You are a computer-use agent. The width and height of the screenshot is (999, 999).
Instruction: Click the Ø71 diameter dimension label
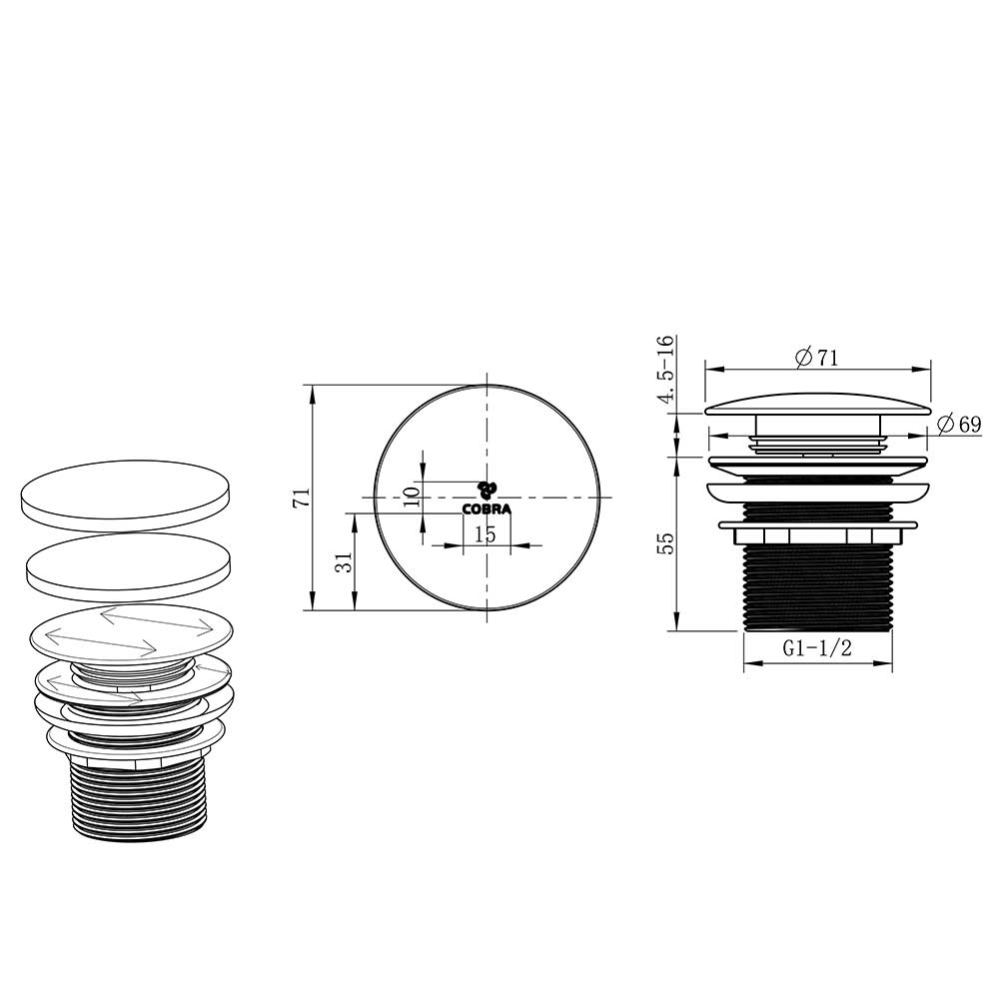817,358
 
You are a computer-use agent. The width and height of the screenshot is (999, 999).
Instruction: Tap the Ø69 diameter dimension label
960,424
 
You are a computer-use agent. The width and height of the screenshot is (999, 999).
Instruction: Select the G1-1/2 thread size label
817,648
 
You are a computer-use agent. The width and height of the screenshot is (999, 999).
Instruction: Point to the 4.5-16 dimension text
665,369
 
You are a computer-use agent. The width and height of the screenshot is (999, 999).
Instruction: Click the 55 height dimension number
665,542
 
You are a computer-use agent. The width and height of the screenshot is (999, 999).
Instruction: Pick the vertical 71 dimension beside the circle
301,498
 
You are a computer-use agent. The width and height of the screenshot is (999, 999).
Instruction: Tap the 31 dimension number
344,562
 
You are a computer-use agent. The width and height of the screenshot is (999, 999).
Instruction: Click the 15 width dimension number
486,533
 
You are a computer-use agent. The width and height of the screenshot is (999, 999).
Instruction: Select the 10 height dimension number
413,497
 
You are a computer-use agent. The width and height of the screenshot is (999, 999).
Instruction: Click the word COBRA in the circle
487,509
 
